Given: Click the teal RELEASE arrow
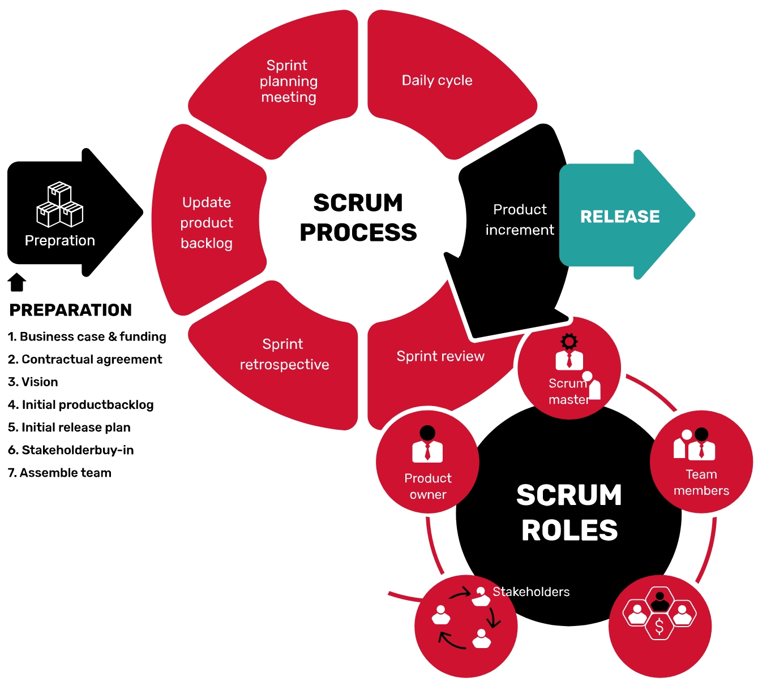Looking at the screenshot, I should point(620,216).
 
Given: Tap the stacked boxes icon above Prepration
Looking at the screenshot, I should point(59,204).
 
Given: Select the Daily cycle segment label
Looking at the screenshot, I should point(437,80).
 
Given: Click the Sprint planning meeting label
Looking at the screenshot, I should point(289,81).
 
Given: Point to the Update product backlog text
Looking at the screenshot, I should point(207,223).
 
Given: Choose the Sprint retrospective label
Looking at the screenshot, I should point(284,355).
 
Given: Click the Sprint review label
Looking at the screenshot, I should point(440,356).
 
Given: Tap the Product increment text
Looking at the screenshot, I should point(520,219).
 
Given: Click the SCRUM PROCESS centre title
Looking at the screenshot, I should point(358,218).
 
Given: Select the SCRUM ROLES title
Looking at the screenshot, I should point(569,512).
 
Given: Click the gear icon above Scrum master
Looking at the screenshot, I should point(569,341).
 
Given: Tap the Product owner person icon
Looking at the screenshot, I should point(427,444).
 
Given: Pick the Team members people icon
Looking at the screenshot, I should point(695,444).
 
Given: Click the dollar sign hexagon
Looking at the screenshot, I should point(659,627).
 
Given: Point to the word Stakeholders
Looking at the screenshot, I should point(531,592).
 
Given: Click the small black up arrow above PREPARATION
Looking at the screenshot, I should point(17,282).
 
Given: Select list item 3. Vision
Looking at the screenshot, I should point(33,382).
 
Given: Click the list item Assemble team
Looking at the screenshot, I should point(59,473).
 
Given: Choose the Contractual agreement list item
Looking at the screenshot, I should point(85,359).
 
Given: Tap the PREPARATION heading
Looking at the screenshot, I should point(71,310).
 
